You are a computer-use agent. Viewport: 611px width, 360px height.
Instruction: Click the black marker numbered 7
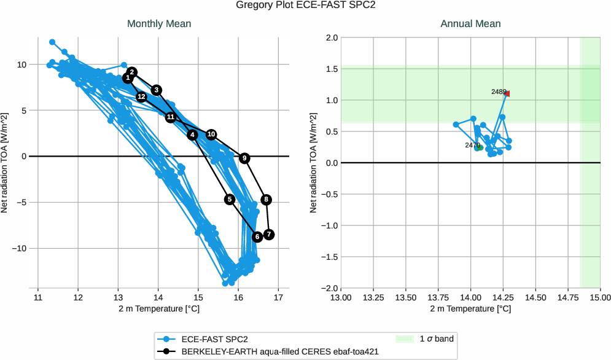coord(268,235)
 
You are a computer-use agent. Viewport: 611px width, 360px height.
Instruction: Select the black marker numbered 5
coord(230,199)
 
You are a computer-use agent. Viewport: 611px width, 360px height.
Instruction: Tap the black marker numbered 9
coord(244,158)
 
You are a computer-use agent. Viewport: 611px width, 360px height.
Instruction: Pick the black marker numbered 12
coord(141,97)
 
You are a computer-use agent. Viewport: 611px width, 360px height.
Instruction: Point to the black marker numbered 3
coord(157,90)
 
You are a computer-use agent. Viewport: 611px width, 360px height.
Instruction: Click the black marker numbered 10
coord(211,135)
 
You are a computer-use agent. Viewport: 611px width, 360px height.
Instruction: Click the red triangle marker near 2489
coord(507,93)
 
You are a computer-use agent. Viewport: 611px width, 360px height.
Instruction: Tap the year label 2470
coord(472,146)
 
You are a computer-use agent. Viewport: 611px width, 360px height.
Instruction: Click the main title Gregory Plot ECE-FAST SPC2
coord(305,6)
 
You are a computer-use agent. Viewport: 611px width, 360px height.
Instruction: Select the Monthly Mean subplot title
coord(159,24)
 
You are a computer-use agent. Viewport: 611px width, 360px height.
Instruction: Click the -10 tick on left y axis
coord(21,248)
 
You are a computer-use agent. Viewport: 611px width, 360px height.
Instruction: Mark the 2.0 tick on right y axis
coord(330,37)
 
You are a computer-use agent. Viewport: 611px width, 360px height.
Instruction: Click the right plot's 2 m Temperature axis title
coord(470,308)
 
